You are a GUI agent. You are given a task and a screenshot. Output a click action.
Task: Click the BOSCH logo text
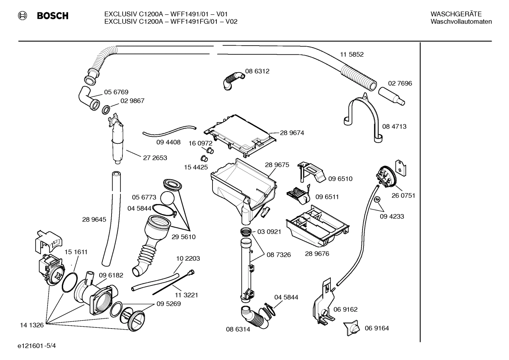[x=52, y=16]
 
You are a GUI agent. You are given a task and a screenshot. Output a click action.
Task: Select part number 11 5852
[x=352, y=54]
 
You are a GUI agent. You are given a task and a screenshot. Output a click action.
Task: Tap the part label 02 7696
[x=400, y=83]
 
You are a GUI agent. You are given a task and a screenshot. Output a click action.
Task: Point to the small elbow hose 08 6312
[x=233, y=79]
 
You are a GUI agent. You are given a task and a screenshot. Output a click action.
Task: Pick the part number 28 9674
[x=292, y=133]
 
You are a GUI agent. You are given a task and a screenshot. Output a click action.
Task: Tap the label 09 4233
[x=392, y=216]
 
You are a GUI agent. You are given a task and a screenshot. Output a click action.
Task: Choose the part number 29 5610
[x=184, y=237]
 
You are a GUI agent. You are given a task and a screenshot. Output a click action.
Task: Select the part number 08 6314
[x=238, y=329]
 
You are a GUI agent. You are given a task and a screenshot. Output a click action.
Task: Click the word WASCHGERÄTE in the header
[x=456, y=14]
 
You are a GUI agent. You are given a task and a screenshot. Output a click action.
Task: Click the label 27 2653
[x=155, y=158]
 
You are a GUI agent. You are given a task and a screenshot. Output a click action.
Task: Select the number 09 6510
[x=340, y=179]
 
